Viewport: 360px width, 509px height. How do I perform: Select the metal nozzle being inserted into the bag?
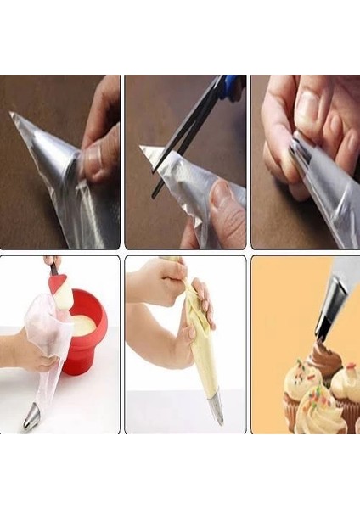(x=301, y=157)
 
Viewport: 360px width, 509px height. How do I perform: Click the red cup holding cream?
(x=87, y=335)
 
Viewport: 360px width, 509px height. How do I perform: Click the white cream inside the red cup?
(x=83, y=323)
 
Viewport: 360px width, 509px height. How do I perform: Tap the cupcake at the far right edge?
(x=347, y=386)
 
